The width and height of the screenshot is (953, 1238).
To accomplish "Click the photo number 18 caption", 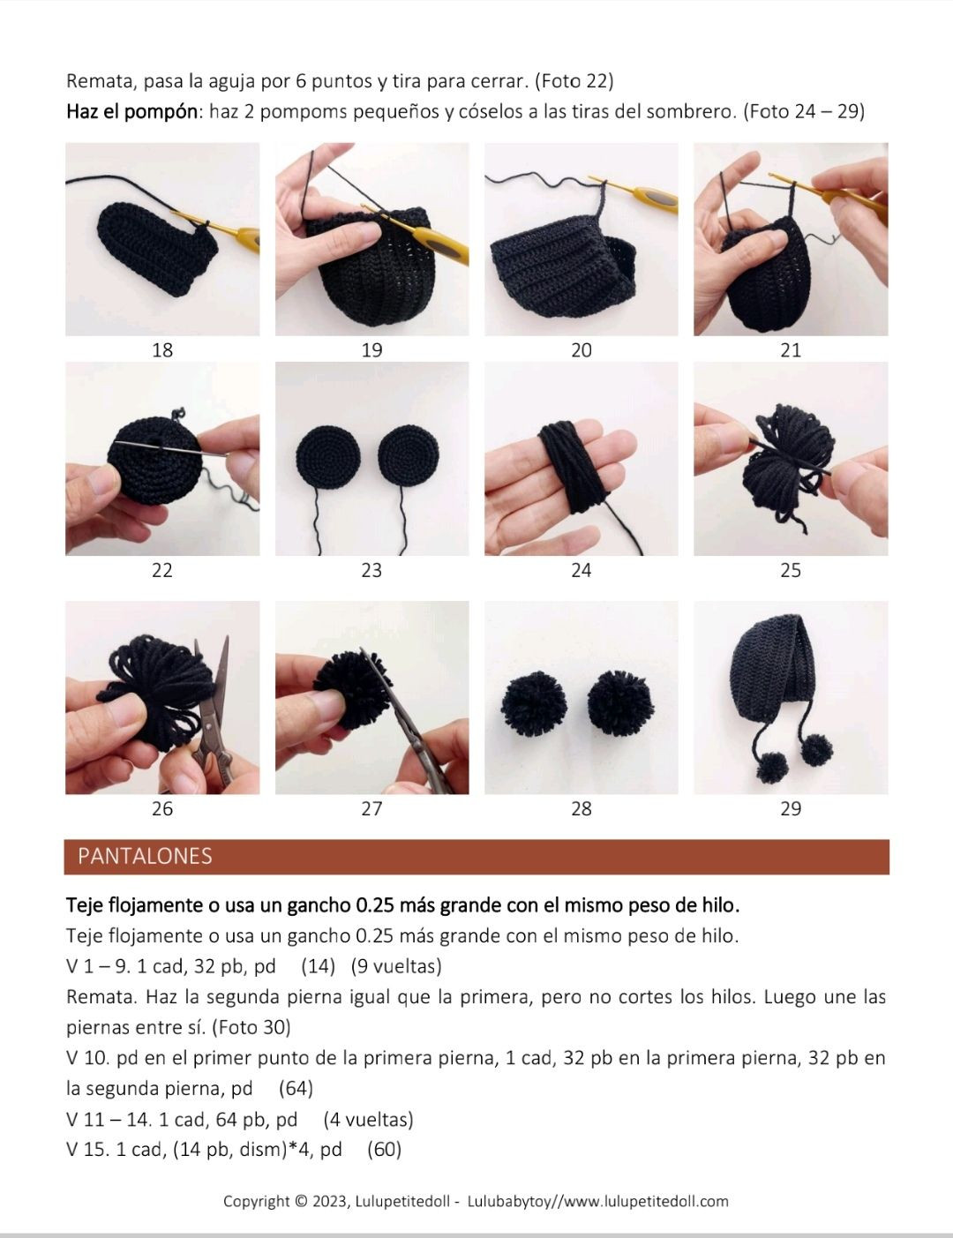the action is (162, 349).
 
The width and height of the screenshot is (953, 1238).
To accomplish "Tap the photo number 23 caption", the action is (371, 570).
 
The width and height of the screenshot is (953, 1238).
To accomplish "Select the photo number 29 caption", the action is (791, 808).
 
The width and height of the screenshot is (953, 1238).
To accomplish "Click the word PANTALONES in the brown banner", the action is (145, 856).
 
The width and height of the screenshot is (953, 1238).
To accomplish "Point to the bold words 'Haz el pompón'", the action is (131, 112).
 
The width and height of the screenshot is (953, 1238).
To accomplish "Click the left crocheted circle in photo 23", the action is (327, 457).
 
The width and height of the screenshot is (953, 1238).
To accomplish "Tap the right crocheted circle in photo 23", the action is (409, 456).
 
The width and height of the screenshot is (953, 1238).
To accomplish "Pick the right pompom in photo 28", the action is (621, 703).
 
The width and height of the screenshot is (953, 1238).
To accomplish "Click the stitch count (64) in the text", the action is (296, 1088).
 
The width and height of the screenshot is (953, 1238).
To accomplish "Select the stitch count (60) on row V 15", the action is (384, 1149).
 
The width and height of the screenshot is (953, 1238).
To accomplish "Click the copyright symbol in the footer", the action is (301, 1202).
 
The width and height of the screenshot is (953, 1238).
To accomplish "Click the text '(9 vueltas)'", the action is (396, 966).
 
